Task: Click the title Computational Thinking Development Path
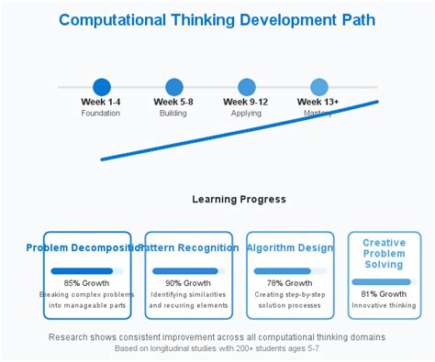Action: [x=217, y=19]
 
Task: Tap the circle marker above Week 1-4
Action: [x=101, y=87]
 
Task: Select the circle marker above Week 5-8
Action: [x=173, y=87]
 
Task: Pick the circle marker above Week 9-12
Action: [x=246, y=87]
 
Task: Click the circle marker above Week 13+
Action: [x=318, y=87]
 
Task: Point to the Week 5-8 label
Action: [x=173, y=102]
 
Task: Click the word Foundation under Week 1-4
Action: [x=101, y=114]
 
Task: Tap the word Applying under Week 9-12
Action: [x=246, y=114]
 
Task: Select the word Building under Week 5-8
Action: [x=173, y=114]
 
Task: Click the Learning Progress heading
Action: [x=239, y=199]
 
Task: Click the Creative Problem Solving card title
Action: [x=384, y=254]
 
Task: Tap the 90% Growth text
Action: [x=187, y=283]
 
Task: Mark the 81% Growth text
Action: [x=384, y=294]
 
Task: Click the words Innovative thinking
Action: [x=384, y=306]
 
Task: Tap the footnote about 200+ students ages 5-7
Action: [x=217, y=349]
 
